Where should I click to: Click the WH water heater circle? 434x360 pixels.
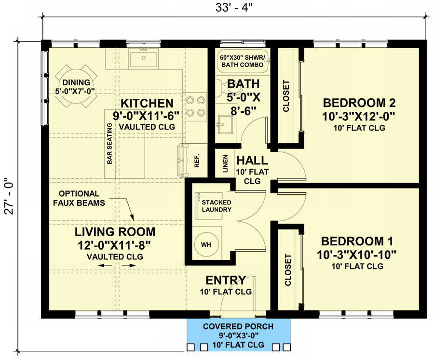click(206, 244)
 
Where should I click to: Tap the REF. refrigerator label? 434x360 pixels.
click(197, 160)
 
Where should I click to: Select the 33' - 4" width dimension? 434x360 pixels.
click(234, 8)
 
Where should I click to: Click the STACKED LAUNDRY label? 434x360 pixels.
click(217, 206)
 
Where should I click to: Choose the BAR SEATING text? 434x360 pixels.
click(109, 143)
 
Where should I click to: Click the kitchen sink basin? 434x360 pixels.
click(143, 58)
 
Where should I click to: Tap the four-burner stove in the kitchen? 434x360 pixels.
click(195, 107)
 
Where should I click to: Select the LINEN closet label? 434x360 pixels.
click(225, 163)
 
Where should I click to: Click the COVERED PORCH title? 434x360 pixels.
click(238, 327)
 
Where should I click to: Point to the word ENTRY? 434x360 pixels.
click(226, 280)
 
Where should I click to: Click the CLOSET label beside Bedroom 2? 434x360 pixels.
click(286, 96)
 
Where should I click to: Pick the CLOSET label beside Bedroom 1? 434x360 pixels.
click(288, 270)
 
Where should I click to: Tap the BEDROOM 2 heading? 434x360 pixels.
click(359, 103)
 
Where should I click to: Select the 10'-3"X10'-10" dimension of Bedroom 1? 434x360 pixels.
click(356, 254)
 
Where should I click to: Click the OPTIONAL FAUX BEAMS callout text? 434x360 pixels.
click(79, 198)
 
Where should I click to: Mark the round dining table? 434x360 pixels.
click(76, 86)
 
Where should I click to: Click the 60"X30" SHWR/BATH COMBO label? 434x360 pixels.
click(243, 61)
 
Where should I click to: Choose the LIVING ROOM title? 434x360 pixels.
click(115, 232)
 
